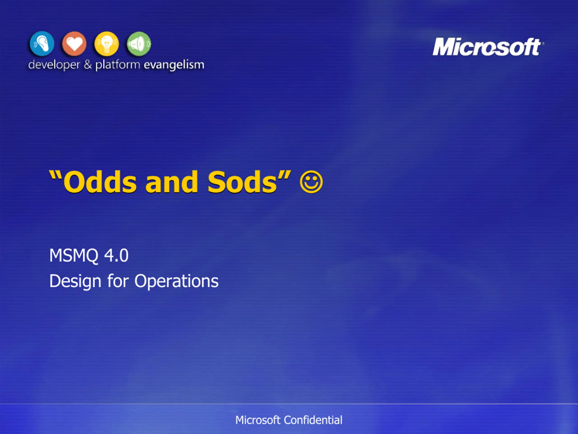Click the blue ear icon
pos(42,43)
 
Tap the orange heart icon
pos(74,44)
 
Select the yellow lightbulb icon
pos(106,44)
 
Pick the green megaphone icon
pos(139,44)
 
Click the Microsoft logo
pos(488,47)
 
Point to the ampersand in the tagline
pos(88,64)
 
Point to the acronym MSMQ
pos(74,255)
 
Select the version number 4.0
pos(116,255)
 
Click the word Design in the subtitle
pos(75,281)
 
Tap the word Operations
pos(176,281)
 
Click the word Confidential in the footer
pos(313,420)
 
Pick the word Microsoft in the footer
pos(258,420)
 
